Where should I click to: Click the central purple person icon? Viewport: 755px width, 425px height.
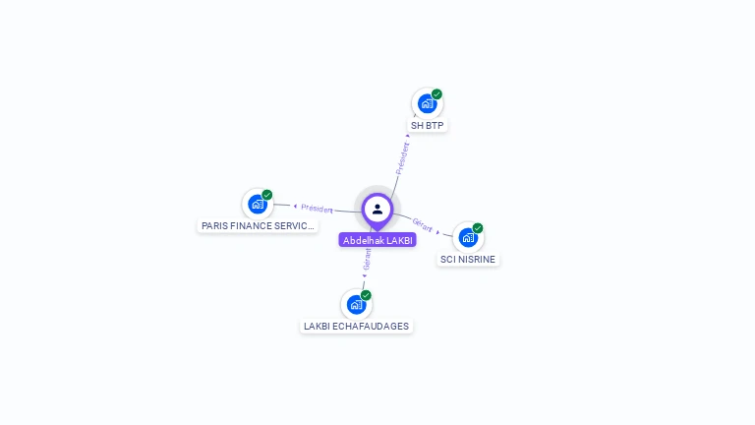pyautogui.click(x=377, y=209)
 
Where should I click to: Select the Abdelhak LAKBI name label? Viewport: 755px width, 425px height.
pyautogui.click(x=377, y=240)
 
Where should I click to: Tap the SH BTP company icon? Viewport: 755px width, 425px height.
pyautogui.click(x=427, y=103)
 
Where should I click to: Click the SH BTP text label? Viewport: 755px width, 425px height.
pyautogui.click(x=428, y=126)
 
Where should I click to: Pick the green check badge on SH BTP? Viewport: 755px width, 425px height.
pyautogui.click(x=436, y=94)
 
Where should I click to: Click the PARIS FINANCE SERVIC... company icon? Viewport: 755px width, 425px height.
pyautogui.click(x=258, y=204)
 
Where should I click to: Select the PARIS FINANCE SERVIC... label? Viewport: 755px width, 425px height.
pyautogui.click(x=258, y=225)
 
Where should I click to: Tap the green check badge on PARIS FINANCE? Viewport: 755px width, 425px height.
pyautogui.click(x=267, y=195)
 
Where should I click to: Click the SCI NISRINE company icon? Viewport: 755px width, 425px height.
pyautogui.click(x=468, y=237)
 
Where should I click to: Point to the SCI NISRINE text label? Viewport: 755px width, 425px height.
pyautogui.click(x=468, y=260)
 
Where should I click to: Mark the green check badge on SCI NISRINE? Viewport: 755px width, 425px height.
pyautogui.click(x=478, y=228)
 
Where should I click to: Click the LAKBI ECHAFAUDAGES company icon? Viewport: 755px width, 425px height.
pyautogui.click(x=356, y=304)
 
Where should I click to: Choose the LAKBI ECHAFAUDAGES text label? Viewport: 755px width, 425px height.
pyautogui.click(x=356, y=327)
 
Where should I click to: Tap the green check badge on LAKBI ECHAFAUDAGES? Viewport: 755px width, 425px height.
pyautogui.click(x=366, y=295)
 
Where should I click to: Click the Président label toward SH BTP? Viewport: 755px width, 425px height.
pyautogui.click(x=402, y=157)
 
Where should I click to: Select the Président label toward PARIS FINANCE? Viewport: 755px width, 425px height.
pyautogui.click(x=318, y=209)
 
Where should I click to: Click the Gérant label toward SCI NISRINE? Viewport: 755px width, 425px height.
pyautogui.click(x=423, y=224)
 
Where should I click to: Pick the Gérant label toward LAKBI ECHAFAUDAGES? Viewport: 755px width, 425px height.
pyautogui.click(x=367, y=258)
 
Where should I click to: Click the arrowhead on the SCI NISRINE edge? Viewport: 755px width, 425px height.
pyautogui.click(x=438, y=231)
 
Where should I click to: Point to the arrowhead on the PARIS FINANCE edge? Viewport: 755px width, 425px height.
pyautogui.click(x=295, y=206)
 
